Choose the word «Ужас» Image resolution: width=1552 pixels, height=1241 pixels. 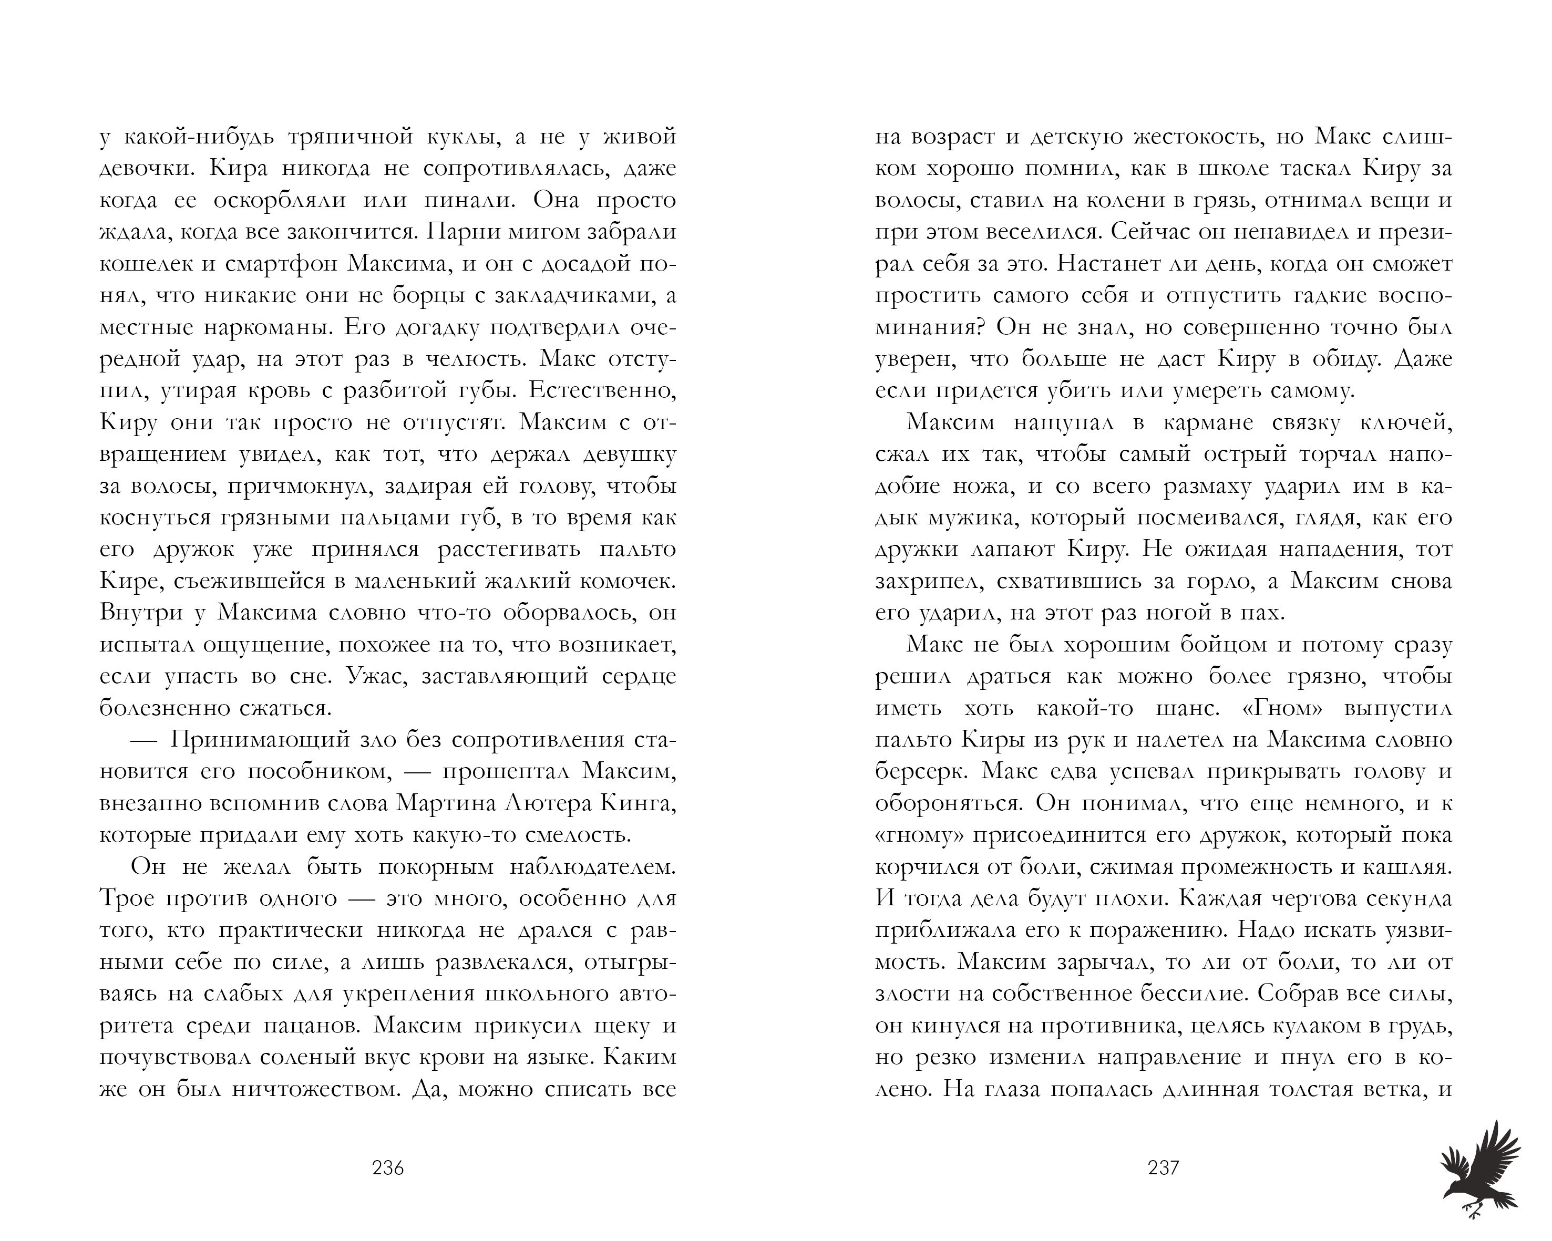374,676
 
